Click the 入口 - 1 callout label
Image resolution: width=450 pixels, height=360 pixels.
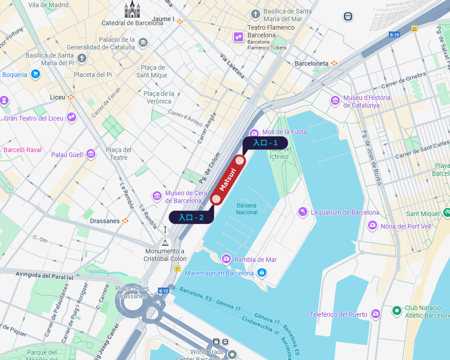[265, 143]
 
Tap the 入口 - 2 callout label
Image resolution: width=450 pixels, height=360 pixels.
[191, 217]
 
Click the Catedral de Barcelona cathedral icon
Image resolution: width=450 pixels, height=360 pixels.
[132, 9]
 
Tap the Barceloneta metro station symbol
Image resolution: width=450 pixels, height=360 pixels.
[334, 63]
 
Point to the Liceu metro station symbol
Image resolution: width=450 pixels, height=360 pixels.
[71, 97]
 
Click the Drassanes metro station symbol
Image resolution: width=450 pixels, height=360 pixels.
[125, 221]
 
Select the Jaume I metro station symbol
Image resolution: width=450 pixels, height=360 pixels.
[180, 21]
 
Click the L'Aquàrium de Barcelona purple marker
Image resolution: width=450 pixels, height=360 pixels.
[303, 212]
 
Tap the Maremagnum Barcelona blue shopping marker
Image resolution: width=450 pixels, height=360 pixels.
[262, 273]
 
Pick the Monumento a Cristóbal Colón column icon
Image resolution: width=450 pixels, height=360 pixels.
[165, 237]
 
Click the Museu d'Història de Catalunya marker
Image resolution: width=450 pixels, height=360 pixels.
[335, 101]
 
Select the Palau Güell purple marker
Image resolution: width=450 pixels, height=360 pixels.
[91, 154]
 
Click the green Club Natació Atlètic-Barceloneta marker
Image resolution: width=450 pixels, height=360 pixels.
[396, 310]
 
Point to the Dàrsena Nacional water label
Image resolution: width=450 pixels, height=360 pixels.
[247, 209]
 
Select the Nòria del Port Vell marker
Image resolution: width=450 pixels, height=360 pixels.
[373, 225]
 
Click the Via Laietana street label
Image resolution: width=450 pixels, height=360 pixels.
[232, 66]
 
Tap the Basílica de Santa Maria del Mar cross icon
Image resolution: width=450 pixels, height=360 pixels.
[256, 14]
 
